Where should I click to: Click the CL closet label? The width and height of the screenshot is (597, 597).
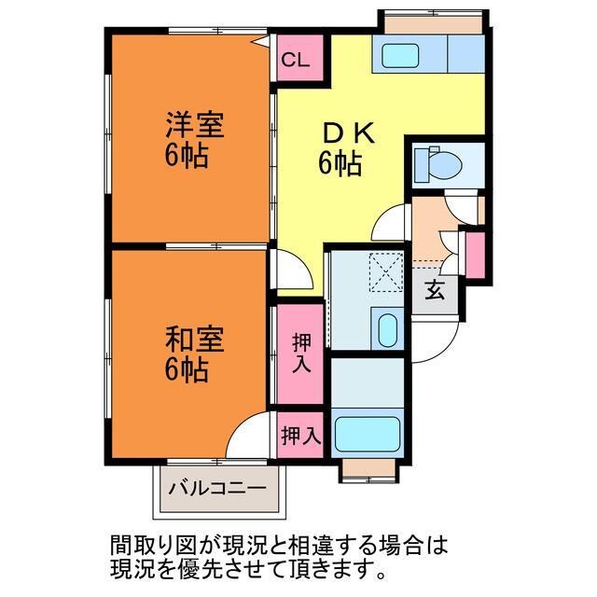pyautogui.click(x=296, y=61)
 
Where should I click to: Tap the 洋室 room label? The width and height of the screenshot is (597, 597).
pyautogui.click(x=194, y=124)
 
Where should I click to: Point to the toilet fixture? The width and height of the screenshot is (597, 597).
pyautogui.click(x=437, y=164)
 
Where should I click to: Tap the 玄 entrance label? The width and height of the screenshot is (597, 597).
pyautogui.click(x=435, y=290)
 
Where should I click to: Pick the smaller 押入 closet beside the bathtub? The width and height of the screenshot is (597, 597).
pyautogui.click(x=300, y=435)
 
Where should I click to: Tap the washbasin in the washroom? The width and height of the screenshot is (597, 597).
pyautogui.click(x=385, y=329)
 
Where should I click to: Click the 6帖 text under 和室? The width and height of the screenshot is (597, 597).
pyautogui.click(x=187, y=370)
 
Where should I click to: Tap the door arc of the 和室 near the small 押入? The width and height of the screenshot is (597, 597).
pyautogui.click(x=248, y=432)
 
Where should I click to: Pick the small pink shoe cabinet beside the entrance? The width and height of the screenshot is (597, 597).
pyautogui.click(x=475, y=253)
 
